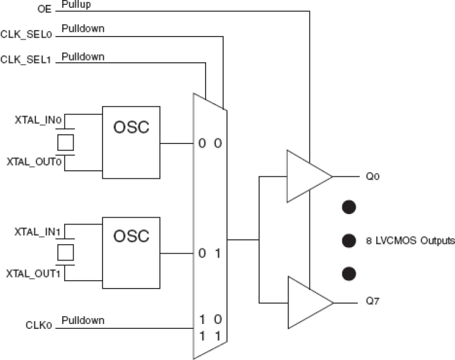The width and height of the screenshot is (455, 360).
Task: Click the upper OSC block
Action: tap(131, 142)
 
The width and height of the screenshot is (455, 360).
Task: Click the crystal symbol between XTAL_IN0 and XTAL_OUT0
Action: tap(65, 142)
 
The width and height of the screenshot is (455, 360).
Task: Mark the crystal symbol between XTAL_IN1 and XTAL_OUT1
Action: tap(65, 251)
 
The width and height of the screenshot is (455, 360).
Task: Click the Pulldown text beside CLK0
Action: tap(82, 320)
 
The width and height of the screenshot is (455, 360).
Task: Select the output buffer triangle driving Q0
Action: tap(306, 177)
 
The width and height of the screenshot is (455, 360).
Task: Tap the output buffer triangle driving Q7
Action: tap(306, 302)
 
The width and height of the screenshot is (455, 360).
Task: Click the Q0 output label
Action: tap(374, 177)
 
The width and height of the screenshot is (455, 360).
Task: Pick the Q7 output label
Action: tap(374, 301)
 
